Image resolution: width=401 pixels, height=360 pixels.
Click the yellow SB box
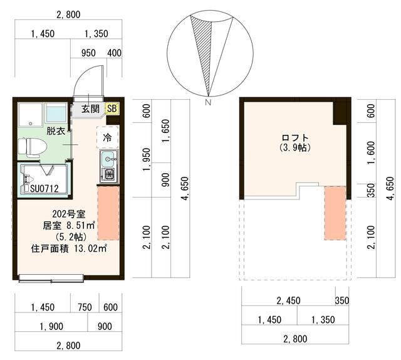[x=112, y=109]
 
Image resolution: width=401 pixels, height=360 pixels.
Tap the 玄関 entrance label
[x=90, y=109]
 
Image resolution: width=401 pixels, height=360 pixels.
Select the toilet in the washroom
[x=33, y=147]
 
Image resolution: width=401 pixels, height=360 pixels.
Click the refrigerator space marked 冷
[x=107, y=137]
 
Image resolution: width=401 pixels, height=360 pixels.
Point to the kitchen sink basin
[x=109, y=159]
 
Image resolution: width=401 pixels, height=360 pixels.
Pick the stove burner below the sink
[x=109, y=175]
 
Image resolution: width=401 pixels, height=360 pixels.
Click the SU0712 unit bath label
[x=44, y=189]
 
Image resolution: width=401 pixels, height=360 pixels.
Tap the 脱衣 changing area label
[x=56, y=131]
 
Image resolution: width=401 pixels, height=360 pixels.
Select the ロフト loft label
[x=295, y=138]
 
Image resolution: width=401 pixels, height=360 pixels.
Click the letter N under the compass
[x=208, y=102]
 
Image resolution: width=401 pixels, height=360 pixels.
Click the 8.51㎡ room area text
[x=81, y=226]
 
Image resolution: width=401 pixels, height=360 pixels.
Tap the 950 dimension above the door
[x=88, y=53]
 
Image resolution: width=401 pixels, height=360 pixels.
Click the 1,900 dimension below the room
[x=51, y=327]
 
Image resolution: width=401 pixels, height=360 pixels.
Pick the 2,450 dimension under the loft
[x=288, y=300]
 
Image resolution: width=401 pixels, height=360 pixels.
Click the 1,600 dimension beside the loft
[x=372, y=153]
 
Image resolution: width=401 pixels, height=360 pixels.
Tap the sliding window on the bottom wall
[x=51, y=278]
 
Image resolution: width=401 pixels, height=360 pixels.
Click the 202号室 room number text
[x=68, y=214]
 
